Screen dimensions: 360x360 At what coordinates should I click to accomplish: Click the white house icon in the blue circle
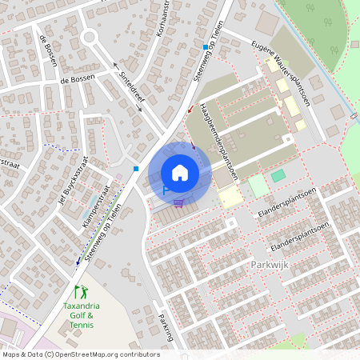coord(180,172)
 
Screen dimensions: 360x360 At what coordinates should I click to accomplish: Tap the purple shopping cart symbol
coord(178,202)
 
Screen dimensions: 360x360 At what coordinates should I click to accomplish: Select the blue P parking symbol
coord(166,190)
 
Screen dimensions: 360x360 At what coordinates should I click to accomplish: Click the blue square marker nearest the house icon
coord(137,168)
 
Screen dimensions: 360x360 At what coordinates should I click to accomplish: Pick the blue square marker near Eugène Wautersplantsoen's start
coord(206,47)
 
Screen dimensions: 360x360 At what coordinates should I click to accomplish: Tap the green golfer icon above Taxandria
coord(79,292)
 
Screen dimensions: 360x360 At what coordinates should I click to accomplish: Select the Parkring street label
coord(166,326)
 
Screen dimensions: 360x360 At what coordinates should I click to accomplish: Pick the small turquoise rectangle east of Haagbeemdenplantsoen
coord(278,175)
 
